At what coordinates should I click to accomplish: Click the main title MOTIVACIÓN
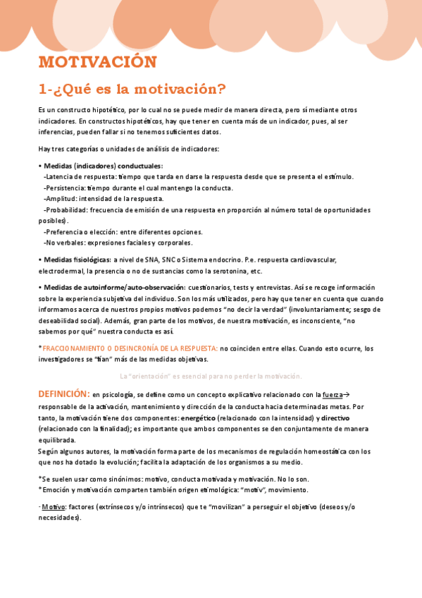tap(97, 62)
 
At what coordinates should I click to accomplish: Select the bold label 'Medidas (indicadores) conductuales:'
tap(103, 166)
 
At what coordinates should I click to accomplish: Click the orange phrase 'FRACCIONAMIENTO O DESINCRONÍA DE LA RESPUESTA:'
tap(130, 348)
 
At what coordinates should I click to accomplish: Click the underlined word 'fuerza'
tap(333, 395)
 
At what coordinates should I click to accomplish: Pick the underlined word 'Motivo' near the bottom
tap(49, 507)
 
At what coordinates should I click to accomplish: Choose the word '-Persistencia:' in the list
tap(64, 188)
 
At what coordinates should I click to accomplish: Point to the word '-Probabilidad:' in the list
tap(65, 210)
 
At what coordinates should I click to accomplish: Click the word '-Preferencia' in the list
tap(63, 232)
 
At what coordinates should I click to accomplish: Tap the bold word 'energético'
tap(199, 417)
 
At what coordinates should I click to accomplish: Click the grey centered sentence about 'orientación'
tap(211, 376)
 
